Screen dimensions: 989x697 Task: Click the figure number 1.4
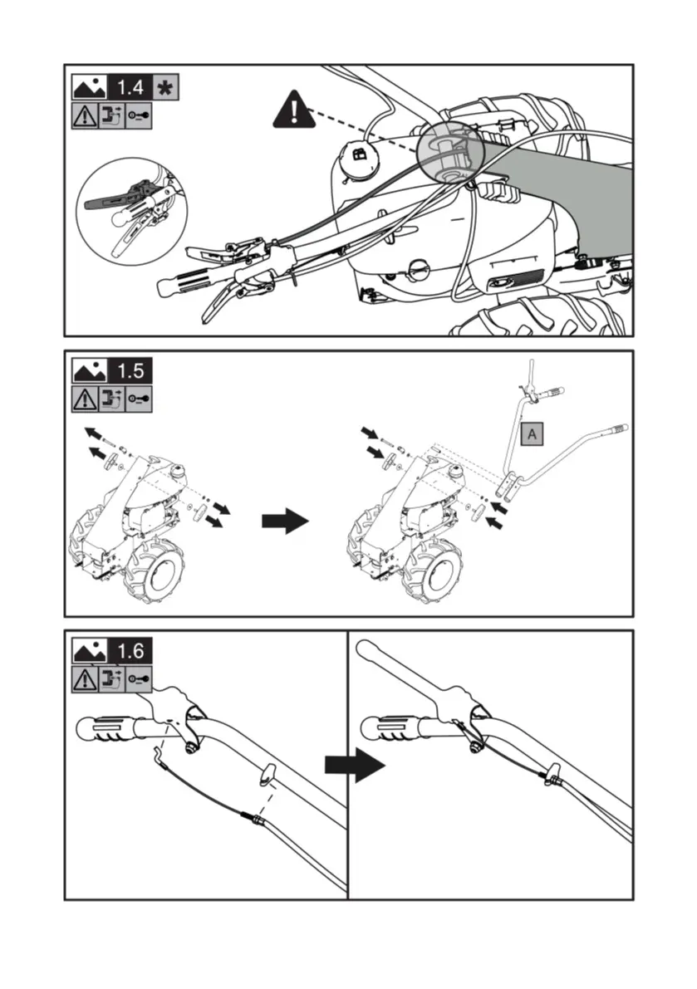[130, 87]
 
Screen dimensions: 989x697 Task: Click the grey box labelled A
[531, 433]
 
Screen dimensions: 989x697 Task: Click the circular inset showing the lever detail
[131, 212]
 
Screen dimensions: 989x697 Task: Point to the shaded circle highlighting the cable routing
[454, 150]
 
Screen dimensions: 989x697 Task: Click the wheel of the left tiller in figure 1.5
[156, 572]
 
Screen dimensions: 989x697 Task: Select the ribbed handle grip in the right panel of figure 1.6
[390, 730]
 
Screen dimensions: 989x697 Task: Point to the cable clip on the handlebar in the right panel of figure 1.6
[550, 777]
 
